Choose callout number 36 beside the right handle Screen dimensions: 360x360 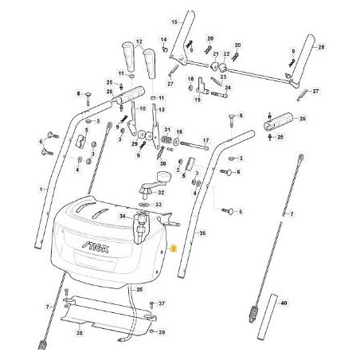point(202,233)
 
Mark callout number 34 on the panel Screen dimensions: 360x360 point(122,216)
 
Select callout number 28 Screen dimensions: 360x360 point(321,48)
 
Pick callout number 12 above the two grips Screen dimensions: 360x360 point(139,41)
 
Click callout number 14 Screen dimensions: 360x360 point(164,39)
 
